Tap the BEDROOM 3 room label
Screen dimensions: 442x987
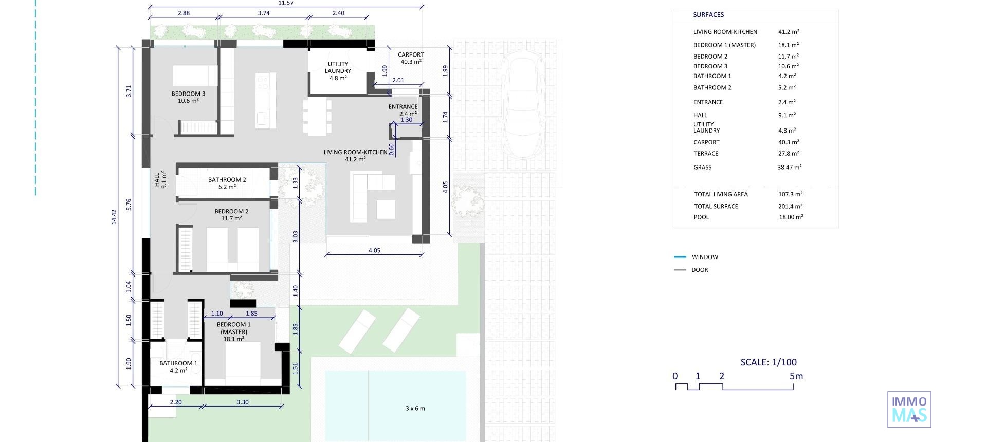click(x=188, y=97)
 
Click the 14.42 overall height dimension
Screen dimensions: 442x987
click(x=114, y=216)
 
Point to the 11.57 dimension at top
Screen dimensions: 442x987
click(x=286, y=3)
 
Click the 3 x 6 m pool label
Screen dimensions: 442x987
click(x=415, y=409)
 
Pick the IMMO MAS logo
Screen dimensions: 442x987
click(x=909, y=410)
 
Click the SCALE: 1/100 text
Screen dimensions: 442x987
click(x=769, y=362)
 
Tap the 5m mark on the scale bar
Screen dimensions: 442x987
click(x=796, y=376)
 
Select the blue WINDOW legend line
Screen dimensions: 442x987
click(x=680, y=257)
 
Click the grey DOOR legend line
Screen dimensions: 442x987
click(x=680, y=270)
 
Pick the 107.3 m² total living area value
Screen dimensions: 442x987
click(x=790, y=194)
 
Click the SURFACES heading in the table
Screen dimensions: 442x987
click(x=708, y=15)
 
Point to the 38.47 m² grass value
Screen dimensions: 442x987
click(x=789, y=167)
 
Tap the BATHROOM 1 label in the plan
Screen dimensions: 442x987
click(x=178, y=366)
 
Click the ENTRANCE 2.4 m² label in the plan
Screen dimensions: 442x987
click(x=403, y=110)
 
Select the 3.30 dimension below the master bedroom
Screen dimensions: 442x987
click(x=242, y=402)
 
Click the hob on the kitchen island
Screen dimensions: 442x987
click(x=263, y=82)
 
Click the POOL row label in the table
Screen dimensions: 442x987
click(x=701, y=217)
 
